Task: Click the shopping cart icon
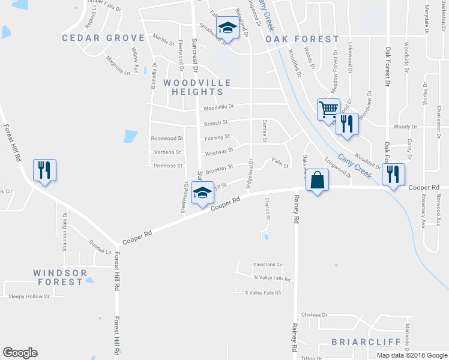(328, 110)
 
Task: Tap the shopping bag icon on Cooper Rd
(317, 179)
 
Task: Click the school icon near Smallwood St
(228, 27)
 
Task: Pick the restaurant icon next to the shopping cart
(347, 124)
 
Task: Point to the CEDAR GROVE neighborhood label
(96, 38)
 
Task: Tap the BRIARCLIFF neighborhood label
(358, 342)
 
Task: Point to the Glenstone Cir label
(268, 265)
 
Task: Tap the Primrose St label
(167, 166)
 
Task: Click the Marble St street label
(163, 43)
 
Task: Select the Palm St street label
(280, 162)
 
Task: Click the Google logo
(20, 353)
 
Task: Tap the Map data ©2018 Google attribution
(412, 355)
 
